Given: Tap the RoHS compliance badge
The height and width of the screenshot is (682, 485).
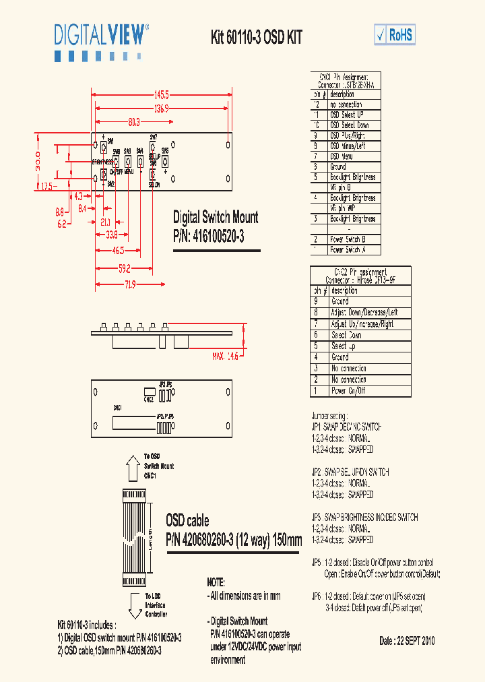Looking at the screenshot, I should tap(395, 35).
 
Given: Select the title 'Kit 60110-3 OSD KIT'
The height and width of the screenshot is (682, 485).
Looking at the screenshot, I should tap(257, 38).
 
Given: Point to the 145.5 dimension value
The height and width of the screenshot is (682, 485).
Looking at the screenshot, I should tap(161, 94).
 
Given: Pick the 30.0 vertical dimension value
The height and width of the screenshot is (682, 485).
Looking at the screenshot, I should tap(39, 161).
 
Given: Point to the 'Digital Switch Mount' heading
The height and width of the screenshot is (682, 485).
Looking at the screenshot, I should tap(216, 218).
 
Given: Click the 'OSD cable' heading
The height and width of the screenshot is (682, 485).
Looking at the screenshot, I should tap(187, 521).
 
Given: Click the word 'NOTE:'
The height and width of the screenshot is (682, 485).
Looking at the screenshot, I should tap(216, 582).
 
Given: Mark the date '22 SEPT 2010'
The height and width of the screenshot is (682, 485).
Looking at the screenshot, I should tap(407, 641).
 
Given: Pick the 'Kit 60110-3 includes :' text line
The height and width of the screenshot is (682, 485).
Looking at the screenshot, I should tap(91, 625).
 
